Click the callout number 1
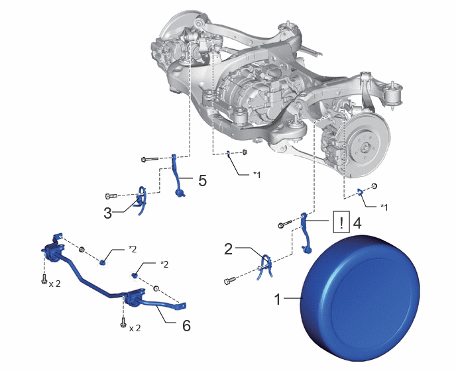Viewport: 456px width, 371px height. coord(278,299)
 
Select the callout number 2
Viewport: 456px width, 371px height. coord(228,249)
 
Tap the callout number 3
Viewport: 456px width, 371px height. coord(107,213)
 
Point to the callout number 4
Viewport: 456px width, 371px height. coord(357,223)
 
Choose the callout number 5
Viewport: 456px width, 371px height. coord(202,181)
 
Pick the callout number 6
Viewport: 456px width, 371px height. coord(186,325)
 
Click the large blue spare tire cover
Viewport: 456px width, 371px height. coord(361,298)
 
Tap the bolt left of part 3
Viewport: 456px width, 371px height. coord(111,196)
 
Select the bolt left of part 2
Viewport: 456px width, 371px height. coord(230,281)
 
